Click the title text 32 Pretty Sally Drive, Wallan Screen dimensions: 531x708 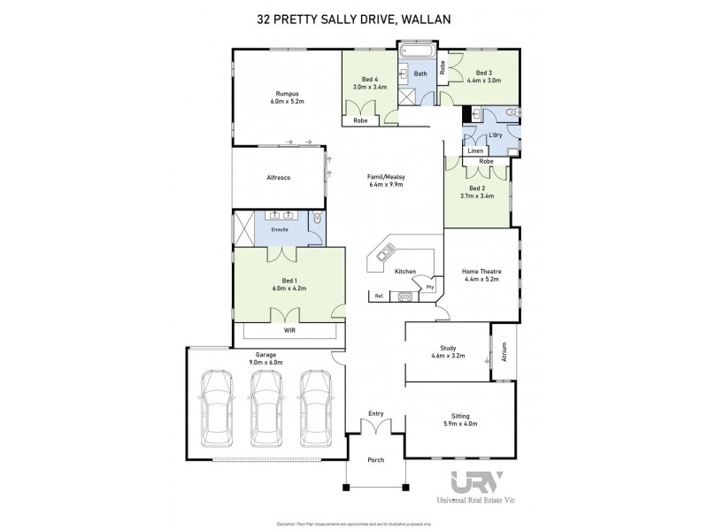[x=354, y=15]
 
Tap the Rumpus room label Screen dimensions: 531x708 [x=287, y=93]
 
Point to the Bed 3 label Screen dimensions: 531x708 [x=483, y=73]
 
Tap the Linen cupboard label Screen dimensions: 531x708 [x=475, y=151]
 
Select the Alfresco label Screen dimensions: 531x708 [x=279, y=178]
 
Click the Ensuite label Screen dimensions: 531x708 [x=280, y=229]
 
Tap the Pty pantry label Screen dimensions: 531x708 [x=429, y=287]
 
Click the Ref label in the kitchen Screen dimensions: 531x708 [x=379, y=296]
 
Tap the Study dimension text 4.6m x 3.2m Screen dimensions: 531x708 [x=447, y=356]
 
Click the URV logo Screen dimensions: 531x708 [x=477, y=483]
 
